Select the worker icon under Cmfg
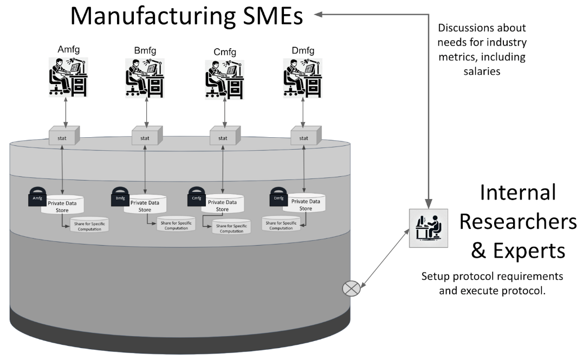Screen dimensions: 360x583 [x=223, y=79]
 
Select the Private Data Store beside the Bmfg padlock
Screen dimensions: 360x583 [x=145, y=204]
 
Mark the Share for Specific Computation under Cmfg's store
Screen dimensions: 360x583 [x=231, y=226]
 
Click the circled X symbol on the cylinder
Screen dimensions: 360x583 [x=351, y=288]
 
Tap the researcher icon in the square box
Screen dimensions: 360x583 [x=428, y=228]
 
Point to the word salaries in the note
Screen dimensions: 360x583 [x=482, y=71]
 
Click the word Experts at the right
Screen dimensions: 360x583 [x=529, y=250]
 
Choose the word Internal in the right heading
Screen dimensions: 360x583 [x=518, y=192]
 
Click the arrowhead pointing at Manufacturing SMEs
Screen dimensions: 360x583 [x=320, y=15]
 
